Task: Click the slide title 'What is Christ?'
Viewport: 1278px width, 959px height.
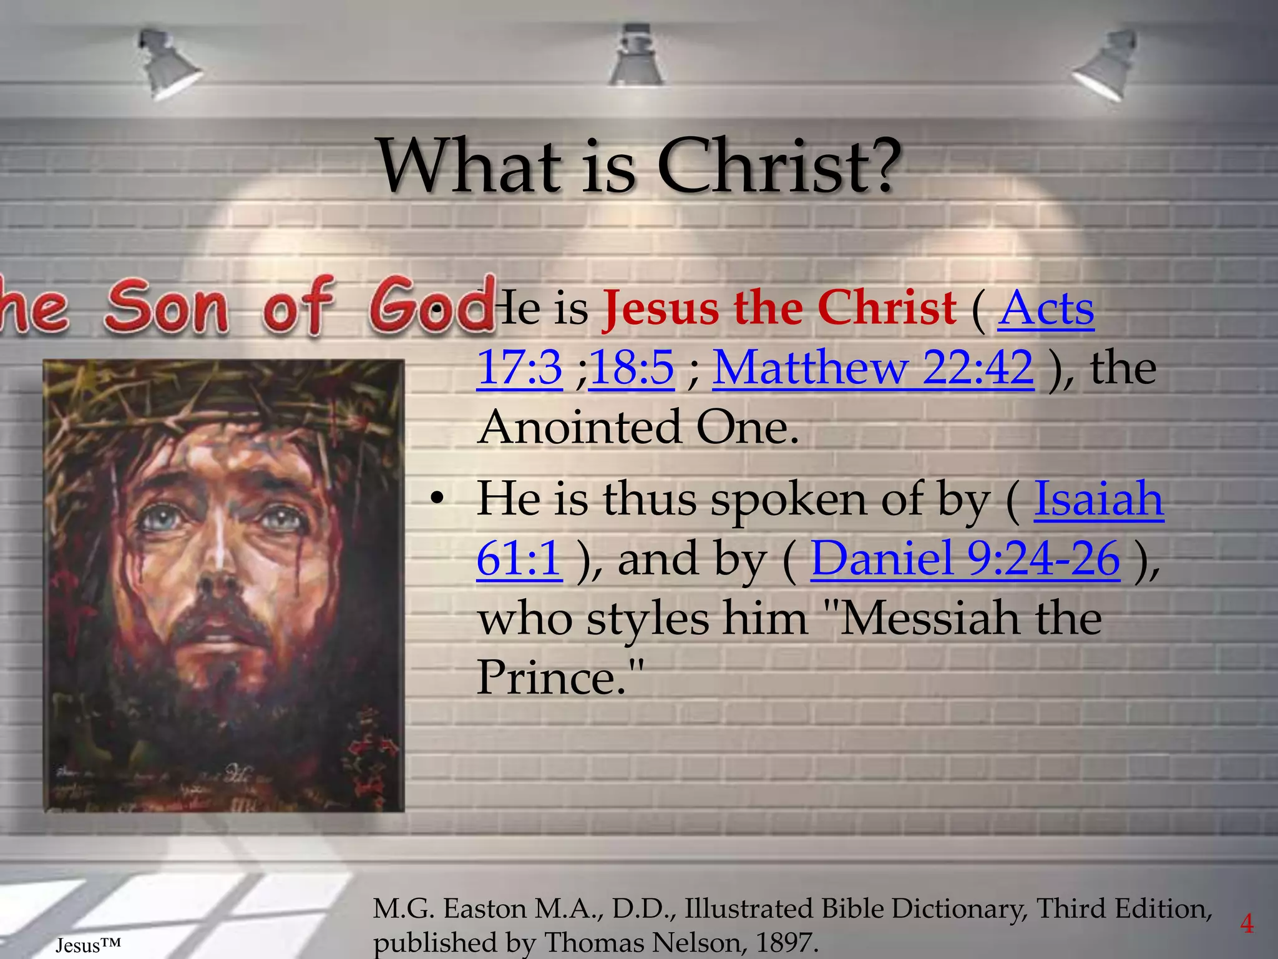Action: tap(639, 166)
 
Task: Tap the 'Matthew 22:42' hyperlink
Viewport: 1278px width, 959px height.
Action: tap(872, 368)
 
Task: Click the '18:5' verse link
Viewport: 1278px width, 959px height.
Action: tap(631, 368)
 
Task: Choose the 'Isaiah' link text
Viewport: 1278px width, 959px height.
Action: tap(1098, 499)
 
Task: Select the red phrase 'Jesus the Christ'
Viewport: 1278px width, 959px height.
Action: tap(779, 308)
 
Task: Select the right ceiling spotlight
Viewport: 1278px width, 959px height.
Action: tap(1107, 66)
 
